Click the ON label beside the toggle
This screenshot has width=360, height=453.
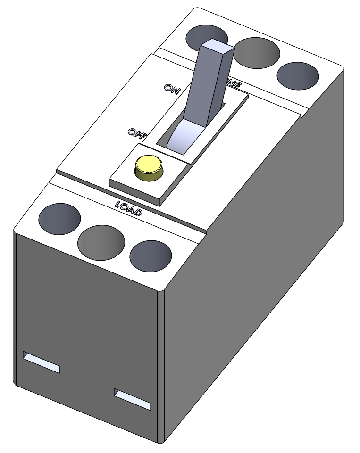pyautogui.click(x=171, y=88)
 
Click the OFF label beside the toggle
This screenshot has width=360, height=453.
pyautogui.click(x=136, y=133)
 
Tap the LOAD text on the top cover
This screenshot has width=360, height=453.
pyautogui.click(x=129, y=209)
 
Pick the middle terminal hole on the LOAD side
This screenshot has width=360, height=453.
pyautogui.click(x=101, y=242)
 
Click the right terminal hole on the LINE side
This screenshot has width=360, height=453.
pyautogui.click(x=298, y=75)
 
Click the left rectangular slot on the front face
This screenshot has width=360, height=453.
pyautogui.click(x=42, y=362)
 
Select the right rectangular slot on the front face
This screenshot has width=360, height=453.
pyautogui.click(x=132, y=399)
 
